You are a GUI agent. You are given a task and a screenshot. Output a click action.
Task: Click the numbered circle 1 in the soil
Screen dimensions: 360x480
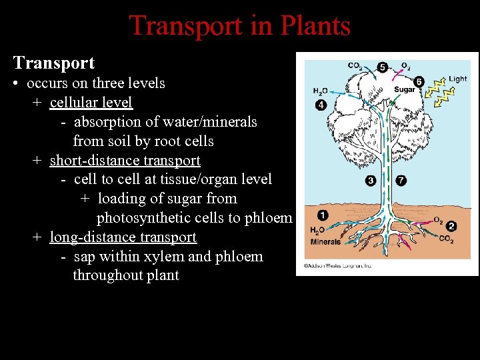[x=322, y=215]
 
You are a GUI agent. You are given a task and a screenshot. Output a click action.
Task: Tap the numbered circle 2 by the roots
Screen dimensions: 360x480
[x=451, y=226]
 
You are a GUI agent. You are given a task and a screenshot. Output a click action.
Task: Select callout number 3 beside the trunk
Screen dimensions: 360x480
[x=371, y=180]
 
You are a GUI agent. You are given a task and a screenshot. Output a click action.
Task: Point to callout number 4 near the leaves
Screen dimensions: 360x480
[x=321, y=105]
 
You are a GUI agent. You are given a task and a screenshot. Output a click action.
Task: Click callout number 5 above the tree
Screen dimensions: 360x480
[x=382, y=67]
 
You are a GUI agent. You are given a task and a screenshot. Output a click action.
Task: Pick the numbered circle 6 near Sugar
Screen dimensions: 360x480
[x=419, y=82]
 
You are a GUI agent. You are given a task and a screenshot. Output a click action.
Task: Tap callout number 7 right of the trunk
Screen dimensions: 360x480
[x=401, y=180]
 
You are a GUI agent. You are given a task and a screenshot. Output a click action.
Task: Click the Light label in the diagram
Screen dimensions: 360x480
[x=457, y=79]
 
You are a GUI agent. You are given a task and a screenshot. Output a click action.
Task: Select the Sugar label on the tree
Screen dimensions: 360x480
[x=405, y=90]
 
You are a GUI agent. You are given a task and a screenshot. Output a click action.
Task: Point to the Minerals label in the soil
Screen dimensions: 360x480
[x=325, y=242]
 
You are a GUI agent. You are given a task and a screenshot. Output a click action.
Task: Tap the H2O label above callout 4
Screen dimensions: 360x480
[x=321, y=91]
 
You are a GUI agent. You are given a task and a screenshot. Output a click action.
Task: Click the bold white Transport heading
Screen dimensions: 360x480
[x=54, y=63]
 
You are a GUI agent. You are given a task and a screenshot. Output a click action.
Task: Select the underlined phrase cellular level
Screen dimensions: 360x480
[x=91, y=103]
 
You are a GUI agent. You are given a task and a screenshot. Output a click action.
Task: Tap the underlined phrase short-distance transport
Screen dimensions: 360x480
[x=125, y=161]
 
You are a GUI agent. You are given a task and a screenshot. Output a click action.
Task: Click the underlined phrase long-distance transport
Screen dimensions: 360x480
[x=123, y=237]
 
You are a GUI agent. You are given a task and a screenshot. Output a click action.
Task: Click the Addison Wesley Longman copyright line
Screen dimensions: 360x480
[x=338, y=265]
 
